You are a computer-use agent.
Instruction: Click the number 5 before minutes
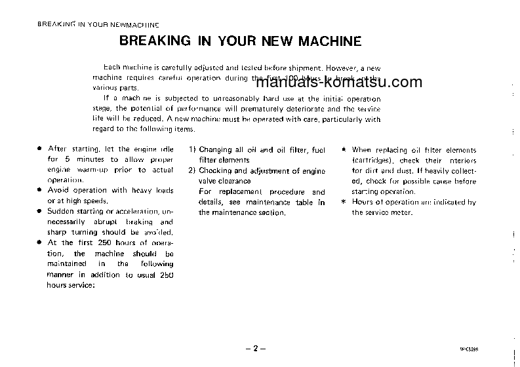click(67, 159)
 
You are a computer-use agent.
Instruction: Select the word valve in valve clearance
click(208, 181)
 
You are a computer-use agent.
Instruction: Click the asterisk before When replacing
click(344, 150)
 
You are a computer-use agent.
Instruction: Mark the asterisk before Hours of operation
click(344, 202)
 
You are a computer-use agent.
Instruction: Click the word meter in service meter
click(403, 212)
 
